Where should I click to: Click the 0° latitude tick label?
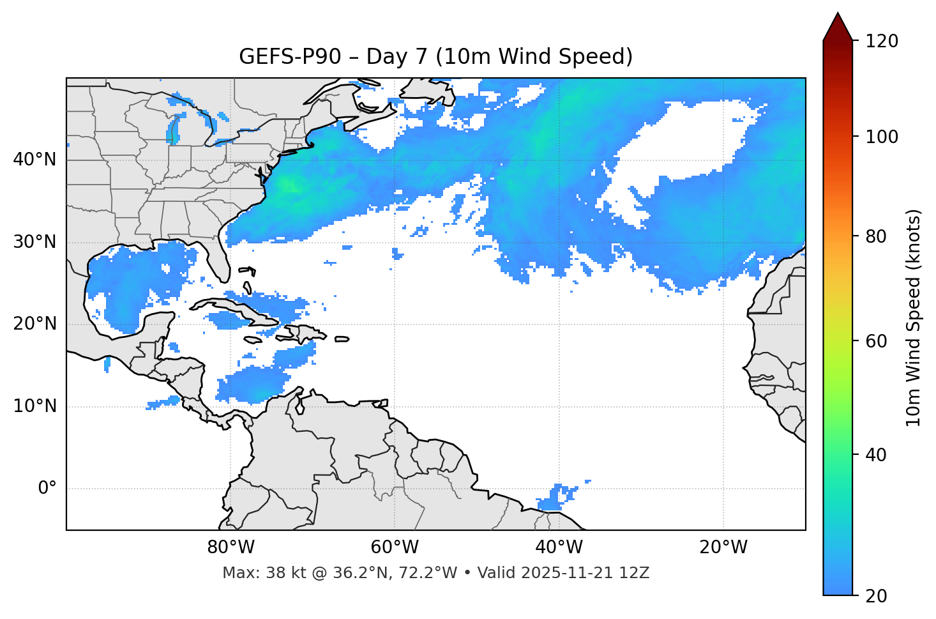[47, 489]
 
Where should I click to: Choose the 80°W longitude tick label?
[230, 547]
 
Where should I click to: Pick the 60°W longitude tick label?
[395, 547]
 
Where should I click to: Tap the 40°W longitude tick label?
[559, 547]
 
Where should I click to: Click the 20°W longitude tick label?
[723, 547]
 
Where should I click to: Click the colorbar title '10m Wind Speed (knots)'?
[914, 317]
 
